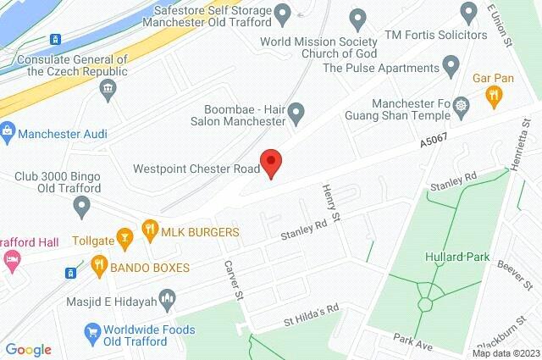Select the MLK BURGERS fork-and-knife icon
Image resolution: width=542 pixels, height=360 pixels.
click(x=150, y=229)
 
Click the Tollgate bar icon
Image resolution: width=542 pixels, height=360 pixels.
click(x=125, y=238)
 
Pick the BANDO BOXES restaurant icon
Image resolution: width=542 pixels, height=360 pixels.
click(x=99, y=264)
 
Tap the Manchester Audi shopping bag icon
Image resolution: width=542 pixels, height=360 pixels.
click(x=8, y=132)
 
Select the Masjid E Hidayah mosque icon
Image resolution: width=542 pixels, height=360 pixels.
click(x=167, y=298)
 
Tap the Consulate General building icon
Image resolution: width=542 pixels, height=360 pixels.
click(x=107, y=93)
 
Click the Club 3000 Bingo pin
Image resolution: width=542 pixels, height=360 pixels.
click(x=82, y=205)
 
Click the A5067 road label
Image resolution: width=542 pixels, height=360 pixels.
click(x=434, y=144)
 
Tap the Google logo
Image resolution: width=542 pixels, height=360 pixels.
click(x=28, y=349)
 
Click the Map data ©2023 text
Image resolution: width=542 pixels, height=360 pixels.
click(x=506, y=353)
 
